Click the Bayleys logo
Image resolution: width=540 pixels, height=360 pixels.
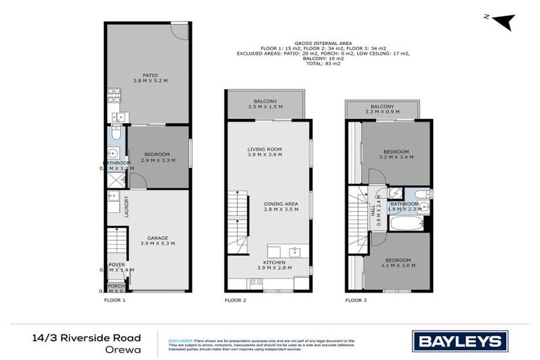click(461, 341)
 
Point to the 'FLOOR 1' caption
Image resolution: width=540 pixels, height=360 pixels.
click(114, 300)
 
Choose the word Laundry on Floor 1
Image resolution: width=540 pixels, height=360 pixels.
click(127, 206)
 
